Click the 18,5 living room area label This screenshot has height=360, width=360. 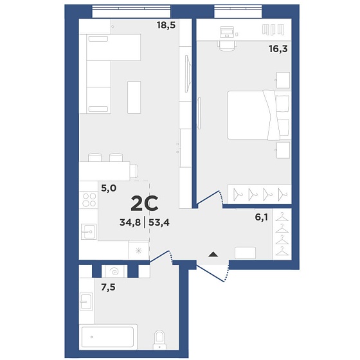tap(166, 24)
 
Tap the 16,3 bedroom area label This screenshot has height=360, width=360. tap(278, 49)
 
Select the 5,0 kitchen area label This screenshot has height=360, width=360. tap(109, 188)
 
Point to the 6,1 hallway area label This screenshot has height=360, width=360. tap(261, 217)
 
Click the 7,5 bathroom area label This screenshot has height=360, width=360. tap(108, 287)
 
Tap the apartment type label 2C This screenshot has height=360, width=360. tap(145, 203)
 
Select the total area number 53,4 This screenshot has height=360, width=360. tap(159, 222)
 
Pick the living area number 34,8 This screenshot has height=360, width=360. tap(130, 222)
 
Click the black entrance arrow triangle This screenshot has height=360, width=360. tap(213, 254)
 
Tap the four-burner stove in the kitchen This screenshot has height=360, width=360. tap(89, 200)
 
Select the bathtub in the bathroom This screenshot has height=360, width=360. tap(108, 337)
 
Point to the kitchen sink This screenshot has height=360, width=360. tap(89, 231)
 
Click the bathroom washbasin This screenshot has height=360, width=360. tap(86, 301)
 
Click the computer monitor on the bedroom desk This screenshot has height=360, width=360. tap(226, 32)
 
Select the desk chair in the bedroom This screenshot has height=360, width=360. tap(227, 46)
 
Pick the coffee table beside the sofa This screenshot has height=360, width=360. tap(134, 97)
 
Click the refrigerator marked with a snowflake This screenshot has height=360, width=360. tap(138, 251)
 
